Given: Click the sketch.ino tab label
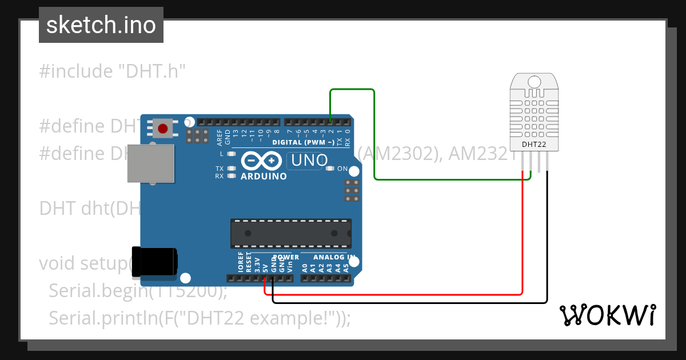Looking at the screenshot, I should [101, 25].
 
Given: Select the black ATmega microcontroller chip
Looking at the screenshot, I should [290, 233].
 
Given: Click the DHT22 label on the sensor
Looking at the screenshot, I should [534, 145].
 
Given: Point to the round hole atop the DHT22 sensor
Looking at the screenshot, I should [534, 81].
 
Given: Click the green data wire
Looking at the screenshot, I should [374, 137].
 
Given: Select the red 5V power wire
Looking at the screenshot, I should [400, 294].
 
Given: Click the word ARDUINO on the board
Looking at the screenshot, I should [264, 176].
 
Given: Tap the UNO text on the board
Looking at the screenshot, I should [309, 161].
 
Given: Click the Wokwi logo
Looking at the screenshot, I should [607, 315].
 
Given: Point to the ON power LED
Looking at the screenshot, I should [330, 169].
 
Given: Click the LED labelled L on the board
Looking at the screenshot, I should [232, 154].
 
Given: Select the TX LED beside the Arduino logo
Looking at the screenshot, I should [232, 169].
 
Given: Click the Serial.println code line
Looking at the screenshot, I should [200, 317].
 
